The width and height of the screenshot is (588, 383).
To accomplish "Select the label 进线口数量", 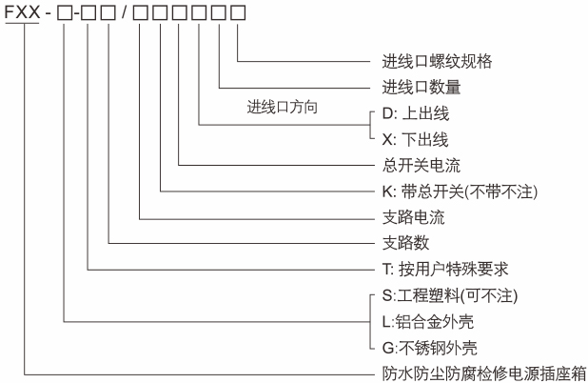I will click(x=421, y=88).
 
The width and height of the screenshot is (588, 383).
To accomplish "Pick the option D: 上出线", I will click(x=415, y=113).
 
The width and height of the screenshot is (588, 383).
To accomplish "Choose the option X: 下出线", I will click(x=415, y=138).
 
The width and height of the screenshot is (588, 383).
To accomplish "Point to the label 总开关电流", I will click(x=412, y=164).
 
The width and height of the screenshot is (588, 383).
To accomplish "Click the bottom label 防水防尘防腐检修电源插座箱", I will click(x=478, y=373).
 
